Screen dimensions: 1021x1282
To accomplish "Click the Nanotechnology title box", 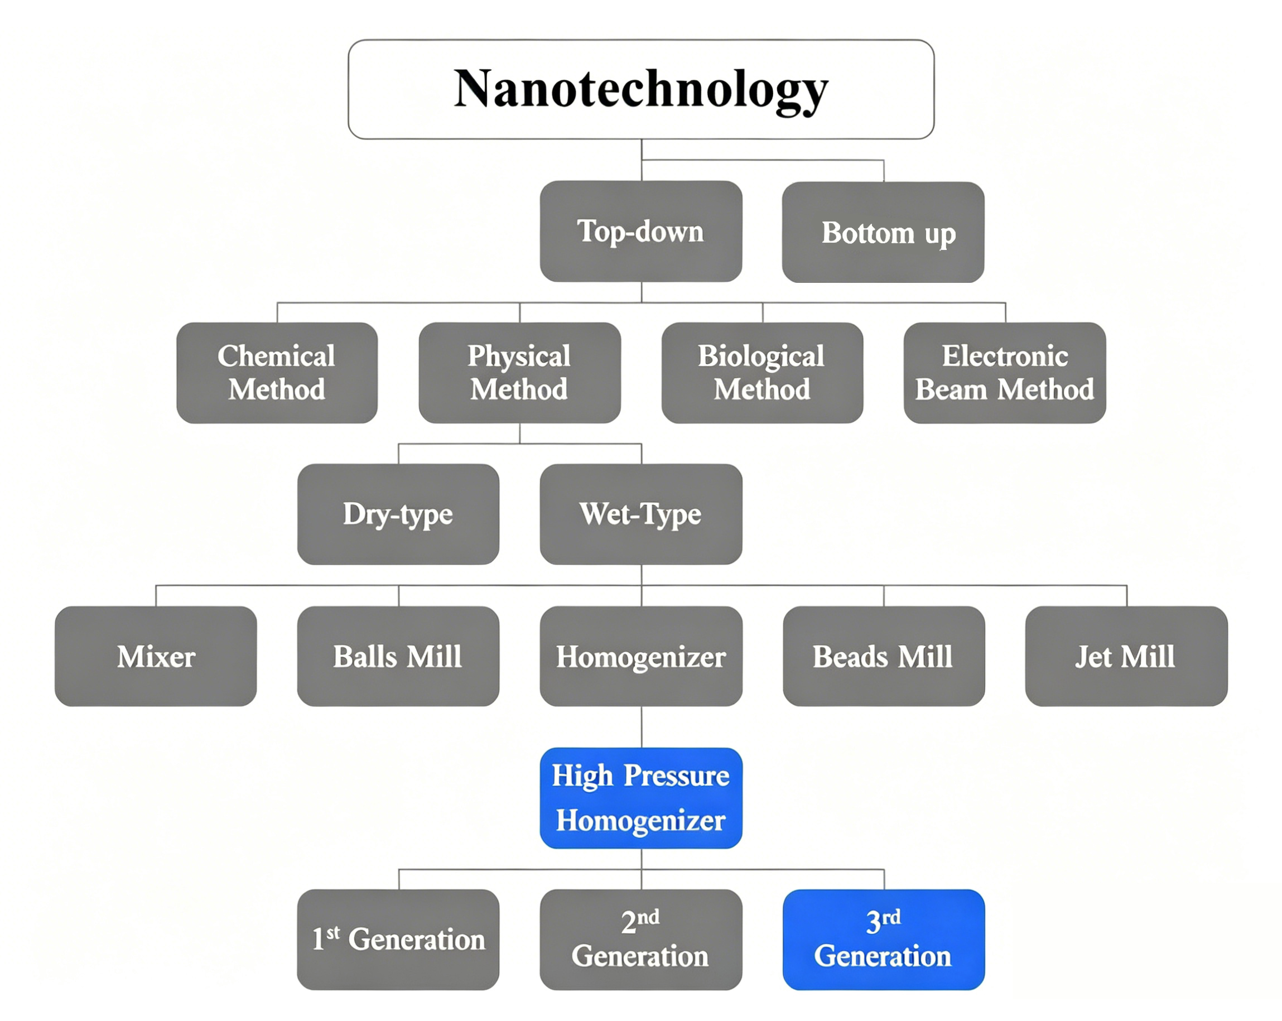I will click(x=640, y=89).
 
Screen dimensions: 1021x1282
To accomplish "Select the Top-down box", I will click(x=640, y=232).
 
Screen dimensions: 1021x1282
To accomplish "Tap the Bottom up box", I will click(x=883, y=233).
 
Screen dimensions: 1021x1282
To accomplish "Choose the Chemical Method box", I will click(x=277, y=373).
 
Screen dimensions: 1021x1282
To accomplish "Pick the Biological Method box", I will click(x=762, y=373).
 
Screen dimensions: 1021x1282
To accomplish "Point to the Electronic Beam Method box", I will click(x=1004, y=373).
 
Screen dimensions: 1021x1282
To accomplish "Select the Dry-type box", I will click(x=398, y=514).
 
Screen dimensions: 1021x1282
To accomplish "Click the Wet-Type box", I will click(x=640, y=514).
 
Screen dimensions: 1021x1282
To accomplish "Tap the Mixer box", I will click(x=156, y=656).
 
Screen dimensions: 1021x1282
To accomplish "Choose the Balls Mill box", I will click(x=398, y=656).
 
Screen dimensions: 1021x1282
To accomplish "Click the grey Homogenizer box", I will click(x=640, y=656).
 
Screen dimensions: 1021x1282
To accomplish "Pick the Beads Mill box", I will click(x=883, y=656).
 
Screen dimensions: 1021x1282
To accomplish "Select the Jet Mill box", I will click(x=1126, y=656).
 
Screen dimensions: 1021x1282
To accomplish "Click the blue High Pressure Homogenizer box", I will click(x=640, y=798).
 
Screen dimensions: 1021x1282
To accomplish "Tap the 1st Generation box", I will click(x=398, y=940).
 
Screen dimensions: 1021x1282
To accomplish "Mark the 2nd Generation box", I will click(x=640, y=940).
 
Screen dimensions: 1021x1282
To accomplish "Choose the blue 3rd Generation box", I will click(x=883, y=940).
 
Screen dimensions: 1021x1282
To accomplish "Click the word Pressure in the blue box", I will click(x=677, y=776).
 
